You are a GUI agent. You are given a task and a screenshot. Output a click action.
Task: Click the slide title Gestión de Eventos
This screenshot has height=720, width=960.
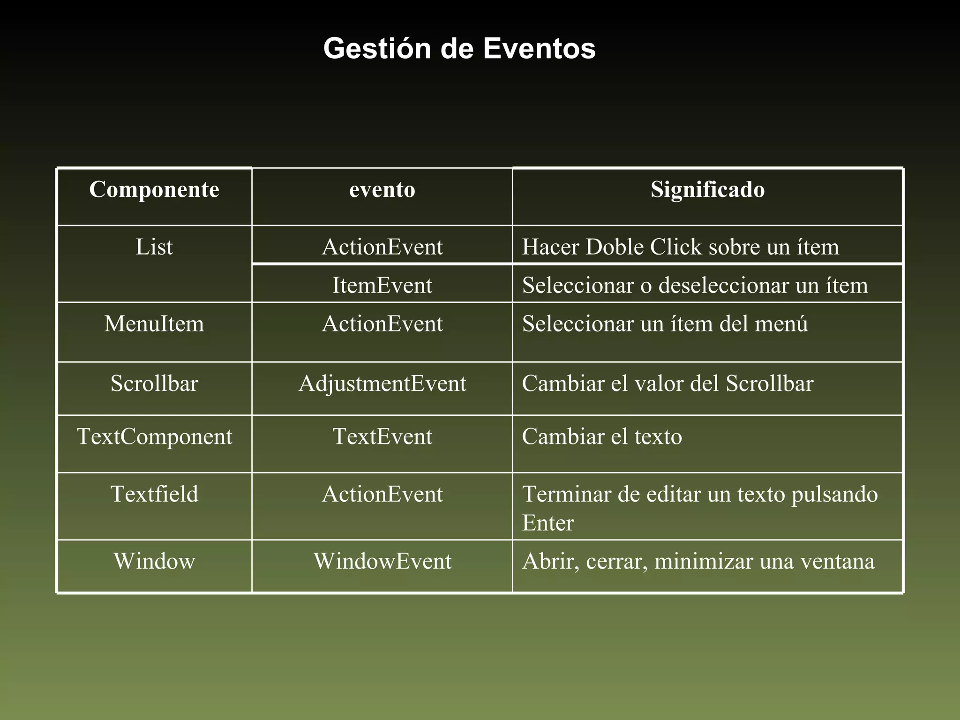[459, 48]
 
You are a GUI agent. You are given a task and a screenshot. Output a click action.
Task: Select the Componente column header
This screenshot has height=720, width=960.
[154, 190]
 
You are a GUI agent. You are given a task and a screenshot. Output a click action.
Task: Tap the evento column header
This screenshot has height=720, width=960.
[382, 190]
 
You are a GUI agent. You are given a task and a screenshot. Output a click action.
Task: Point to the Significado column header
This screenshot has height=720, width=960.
[707, 190]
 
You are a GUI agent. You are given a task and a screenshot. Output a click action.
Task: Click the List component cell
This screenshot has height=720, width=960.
[154, 247]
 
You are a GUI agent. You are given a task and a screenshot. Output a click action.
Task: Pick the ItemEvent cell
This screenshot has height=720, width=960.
[382, 285]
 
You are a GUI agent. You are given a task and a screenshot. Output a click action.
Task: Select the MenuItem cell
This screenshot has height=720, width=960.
[154, 324]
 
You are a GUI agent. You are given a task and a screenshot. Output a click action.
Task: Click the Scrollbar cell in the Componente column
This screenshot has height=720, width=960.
[154, 383]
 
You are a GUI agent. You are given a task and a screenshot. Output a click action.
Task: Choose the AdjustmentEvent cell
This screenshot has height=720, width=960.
[382, 383]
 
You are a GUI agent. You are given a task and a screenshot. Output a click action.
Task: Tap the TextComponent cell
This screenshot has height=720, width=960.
[154, 436]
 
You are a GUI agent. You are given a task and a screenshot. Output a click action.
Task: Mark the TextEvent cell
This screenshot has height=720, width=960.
[382, 436]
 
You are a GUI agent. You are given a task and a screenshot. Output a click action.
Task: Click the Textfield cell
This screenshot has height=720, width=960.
[154, 494]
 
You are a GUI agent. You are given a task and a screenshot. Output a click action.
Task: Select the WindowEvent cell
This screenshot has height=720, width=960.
[382, 561]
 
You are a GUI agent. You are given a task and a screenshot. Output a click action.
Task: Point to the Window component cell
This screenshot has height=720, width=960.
[154, 561]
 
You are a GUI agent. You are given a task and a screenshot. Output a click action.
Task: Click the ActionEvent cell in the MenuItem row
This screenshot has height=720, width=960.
[382, 324]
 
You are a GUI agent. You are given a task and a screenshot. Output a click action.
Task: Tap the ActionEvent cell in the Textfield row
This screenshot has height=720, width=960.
[382, 494]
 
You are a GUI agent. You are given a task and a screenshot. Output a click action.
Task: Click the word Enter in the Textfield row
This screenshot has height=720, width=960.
[547, 523]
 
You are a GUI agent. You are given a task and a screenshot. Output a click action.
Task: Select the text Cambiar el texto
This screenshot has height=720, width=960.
[602, 436]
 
